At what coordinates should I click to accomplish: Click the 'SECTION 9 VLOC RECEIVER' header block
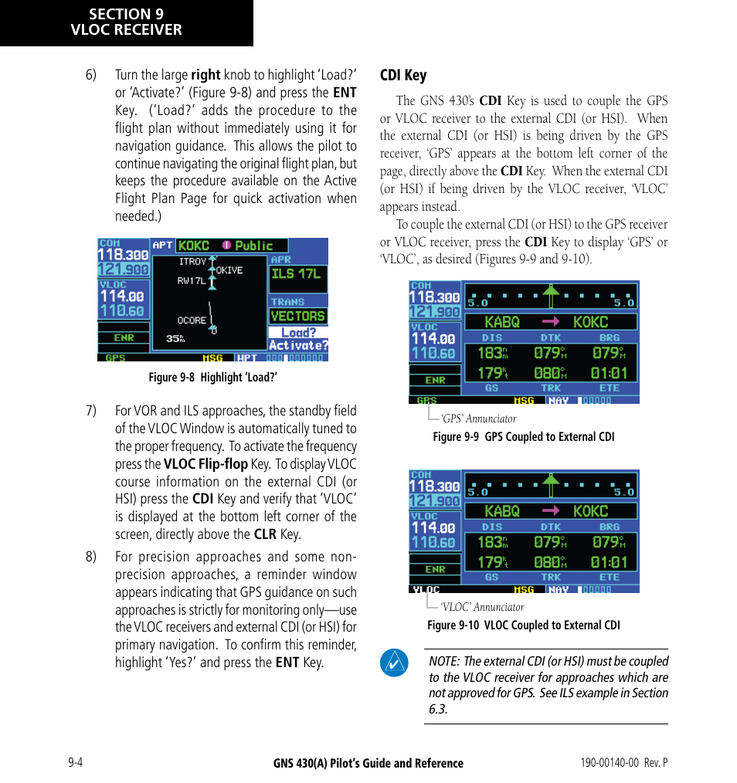pyautogui.click(x=126, y=22)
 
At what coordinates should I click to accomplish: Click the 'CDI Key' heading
pyautogui.click(x=402, y=75)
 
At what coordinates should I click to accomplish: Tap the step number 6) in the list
pyautogui.click(x=90, y=75)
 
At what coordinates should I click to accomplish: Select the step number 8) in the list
pyautogui.click(x=90, y=557)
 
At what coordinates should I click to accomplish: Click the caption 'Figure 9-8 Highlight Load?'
pyautogui.click(x=213, y=377)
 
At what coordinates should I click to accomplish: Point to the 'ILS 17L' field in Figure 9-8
pyautogui.click(x=297, y=273)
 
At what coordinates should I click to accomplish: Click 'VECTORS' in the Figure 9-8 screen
pyautogui.click(x=297, y=316)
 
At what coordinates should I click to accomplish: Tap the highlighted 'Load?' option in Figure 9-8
pyautogui.click(x=298, y=333)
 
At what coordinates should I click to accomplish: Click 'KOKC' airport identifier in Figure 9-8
pyautogui.click(x=193, y=246)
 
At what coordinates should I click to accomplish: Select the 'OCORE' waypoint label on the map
pyautogui.click(x=191, y=320)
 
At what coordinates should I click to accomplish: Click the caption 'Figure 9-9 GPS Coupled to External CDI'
pyautogui.click(x=523, y=437)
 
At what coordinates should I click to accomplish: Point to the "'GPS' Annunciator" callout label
pyautogui.click(x=478, y=419)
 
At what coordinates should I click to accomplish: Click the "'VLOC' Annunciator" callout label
pyautogui.click(x=482, y=607)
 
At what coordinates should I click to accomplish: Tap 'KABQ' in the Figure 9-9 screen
pyautogui.click(x=501, y=322)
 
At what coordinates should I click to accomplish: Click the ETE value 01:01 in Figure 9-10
pyautogui.click(x=609, y=562)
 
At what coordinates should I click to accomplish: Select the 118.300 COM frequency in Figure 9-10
pyautogui.click(x=433, y=486)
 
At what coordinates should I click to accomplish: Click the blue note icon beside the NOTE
pyautogui.click(x=394, y=663)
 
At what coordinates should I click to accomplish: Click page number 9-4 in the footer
pyautogui.click(x=75, y=763)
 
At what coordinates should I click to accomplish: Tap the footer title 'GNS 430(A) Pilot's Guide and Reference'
pyautogui.click(x=368, y=764)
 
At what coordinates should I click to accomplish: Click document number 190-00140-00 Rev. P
pyautogui.click(x=618, y=763)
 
